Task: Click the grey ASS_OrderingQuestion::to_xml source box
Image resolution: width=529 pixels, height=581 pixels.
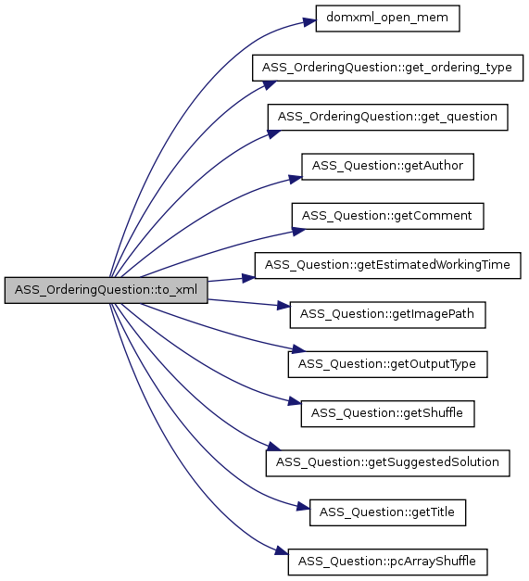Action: coord(106,290)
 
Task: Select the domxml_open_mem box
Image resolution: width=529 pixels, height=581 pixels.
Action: coord(387,19)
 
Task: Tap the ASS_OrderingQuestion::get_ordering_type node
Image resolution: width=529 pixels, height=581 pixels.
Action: coord(387,68)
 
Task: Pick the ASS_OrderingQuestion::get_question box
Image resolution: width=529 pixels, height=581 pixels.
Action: coord(387,117)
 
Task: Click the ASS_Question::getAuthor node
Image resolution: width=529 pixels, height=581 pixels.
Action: coord(387,167)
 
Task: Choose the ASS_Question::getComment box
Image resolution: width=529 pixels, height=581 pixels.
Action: coord(387,216)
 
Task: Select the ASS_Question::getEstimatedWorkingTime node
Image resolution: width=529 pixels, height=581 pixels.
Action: coord(387,265)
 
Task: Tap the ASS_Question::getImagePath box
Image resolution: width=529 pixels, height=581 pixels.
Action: coord(387,314)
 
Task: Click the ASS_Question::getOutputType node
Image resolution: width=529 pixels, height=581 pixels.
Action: coord(387,364)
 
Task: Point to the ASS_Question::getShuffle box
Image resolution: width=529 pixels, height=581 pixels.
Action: coord(387,413)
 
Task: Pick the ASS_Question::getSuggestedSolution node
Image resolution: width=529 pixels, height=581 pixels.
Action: coord(387,463)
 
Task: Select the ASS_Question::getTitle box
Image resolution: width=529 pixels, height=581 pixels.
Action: coord(387,512)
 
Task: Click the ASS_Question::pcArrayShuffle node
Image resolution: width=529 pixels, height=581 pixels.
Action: coord(387,562)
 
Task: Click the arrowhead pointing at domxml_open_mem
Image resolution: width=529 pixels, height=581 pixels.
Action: coord(309,22)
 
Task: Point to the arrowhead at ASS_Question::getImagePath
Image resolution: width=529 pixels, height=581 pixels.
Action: coord(283,306)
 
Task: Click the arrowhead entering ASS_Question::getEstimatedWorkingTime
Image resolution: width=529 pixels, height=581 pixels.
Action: coord(248,278)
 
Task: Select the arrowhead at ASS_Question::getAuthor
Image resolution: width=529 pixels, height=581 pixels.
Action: coord(296,180)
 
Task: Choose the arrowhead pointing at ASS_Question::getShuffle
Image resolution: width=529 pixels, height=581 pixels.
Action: coord(295,401)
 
